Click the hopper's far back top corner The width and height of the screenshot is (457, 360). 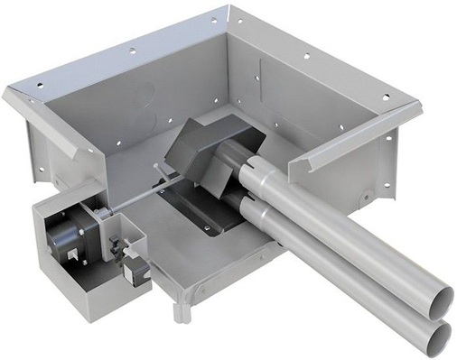pos(228,11)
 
